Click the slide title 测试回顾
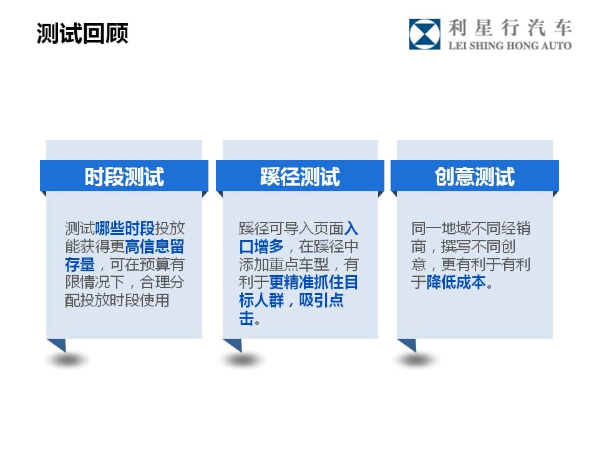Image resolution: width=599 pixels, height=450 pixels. (82, 33)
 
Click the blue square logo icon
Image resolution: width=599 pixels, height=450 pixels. (424, 34)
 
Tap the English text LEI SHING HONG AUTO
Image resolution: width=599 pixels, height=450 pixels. (510, 46)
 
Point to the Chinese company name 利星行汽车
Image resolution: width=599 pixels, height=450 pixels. (510, 27)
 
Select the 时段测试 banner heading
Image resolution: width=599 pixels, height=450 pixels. (124, 176)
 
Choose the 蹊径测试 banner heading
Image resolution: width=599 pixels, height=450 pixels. (300, 176)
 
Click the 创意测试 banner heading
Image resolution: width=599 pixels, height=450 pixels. (474, 176)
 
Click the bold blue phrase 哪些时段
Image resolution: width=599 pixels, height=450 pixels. (125, 229)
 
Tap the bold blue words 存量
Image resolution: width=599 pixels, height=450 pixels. (80, 264)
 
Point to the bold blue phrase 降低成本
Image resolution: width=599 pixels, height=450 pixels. (456, 282)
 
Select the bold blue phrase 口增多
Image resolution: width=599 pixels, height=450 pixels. (261, 246)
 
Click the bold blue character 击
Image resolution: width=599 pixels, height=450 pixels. (246, 318)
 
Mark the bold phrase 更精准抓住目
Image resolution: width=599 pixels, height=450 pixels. (314, 282)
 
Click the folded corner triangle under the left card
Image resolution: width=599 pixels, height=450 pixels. (59, 344)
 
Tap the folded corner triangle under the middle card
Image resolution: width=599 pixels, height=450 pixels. (235, 344)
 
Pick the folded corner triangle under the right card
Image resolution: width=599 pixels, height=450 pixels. (409, 344)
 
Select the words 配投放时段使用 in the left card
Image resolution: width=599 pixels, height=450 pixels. (117, 301)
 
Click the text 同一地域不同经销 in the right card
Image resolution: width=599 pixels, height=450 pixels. (470, 229)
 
